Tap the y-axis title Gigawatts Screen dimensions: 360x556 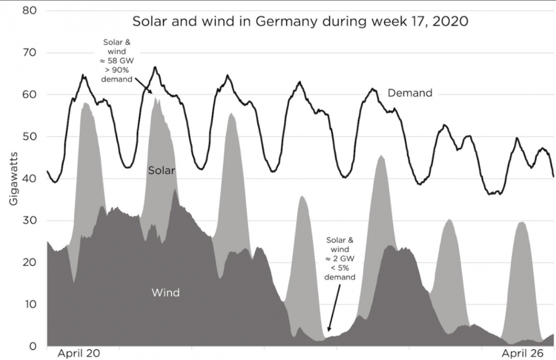(x=13, y=178)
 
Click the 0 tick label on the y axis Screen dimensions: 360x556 (x=32, y=346)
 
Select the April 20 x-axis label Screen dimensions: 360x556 (x=78, y=353)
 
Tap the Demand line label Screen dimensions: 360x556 (x=409, y=93)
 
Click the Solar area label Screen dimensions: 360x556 (x=161, y=171)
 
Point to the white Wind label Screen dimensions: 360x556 (x=165, y=292)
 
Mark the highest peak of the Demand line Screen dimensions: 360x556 (x=155, y=67)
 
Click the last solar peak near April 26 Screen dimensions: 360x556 (x=521, y=222)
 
